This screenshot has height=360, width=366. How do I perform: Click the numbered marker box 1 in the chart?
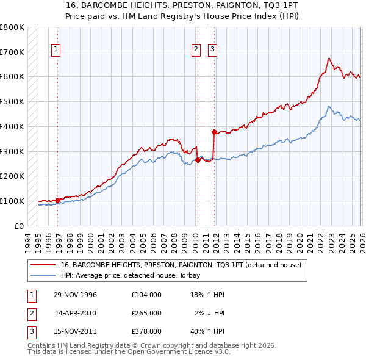[x=56, y=50]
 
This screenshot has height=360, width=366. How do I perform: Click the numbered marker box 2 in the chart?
[x=196, y=50]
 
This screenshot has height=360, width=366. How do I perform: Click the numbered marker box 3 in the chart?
[x=212, y=50]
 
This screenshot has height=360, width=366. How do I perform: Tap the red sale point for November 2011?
[x=214, y=131]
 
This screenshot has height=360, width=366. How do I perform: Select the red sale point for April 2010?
[x=198, y=160]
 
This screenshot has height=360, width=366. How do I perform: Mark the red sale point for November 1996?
[x=58, y=200]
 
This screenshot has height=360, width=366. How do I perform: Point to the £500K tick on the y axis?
[x=12, y=101]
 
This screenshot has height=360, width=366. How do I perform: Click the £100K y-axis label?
[x=12, y=201]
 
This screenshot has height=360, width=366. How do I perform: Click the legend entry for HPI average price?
[x=135, y=275]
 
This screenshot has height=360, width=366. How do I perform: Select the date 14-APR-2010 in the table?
[x=76, y=313]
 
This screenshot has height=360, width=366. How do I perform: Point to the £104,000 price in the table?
[x=146, y=295]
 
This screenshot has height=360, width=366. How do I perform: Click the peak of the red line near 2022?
[x=329, y=59]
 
